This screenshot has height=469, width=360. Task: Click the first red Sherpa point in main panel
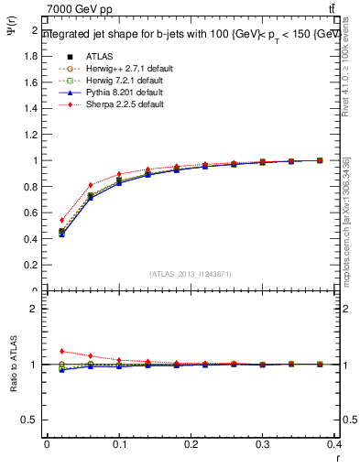tap(61, 220)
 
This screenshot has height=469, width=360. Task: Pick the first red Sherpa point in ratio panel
tap(61, 351)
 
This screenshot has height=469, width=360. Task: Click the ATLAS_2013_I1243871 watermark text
tap(191, 274)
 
